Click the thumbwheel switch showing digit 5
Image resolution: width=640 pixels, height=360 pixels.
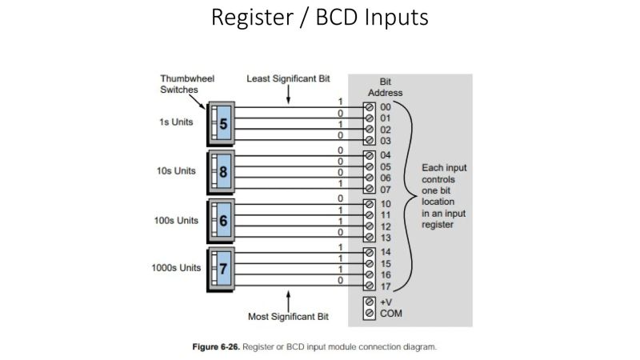click(x=222, y=124)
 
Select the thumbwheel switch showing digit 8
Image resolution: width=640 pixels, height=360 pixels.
click(x=222, y=171)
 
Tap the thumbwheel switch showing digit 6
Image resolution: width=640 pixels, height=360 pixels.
click(x=222, y=220)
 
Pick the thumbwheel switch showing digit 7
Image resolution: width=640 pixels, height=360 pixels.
click(x=222, y=268)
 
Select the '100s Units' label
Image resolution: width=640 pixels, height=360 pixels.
click(x=175, y=220)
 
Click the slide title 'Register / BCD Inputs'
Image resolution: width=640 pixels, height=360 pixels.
click(x=320, y=18)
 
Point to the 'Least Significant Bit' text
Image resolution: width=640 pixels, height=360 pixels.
click(x=287, y=79)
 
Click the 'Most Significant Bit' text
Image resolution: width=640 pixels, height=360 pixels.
click(x=287, y=318)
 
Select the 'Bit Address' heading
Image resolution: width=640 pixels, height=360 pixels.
click(x=385, y=87)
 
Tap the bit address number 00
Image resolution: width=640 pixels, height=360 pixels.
click(x=386, y=106)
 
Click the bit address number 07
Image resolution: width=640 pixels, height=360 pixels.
click(x=386, y=189)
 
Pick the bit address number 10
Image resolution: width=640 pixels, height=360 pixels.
click(x=386, y=204)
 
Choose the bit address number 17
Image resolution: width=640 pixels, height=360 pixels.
click(x=386, y=286)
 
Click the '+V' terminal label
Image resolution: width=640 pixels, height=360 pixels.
click(x=386, y=302)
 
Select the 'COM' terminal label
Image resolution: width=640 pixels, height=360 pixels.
click(x=390, y=314)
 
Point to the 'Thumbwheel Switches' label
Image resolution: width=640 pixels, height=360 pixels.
click(x=183, y=85)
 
